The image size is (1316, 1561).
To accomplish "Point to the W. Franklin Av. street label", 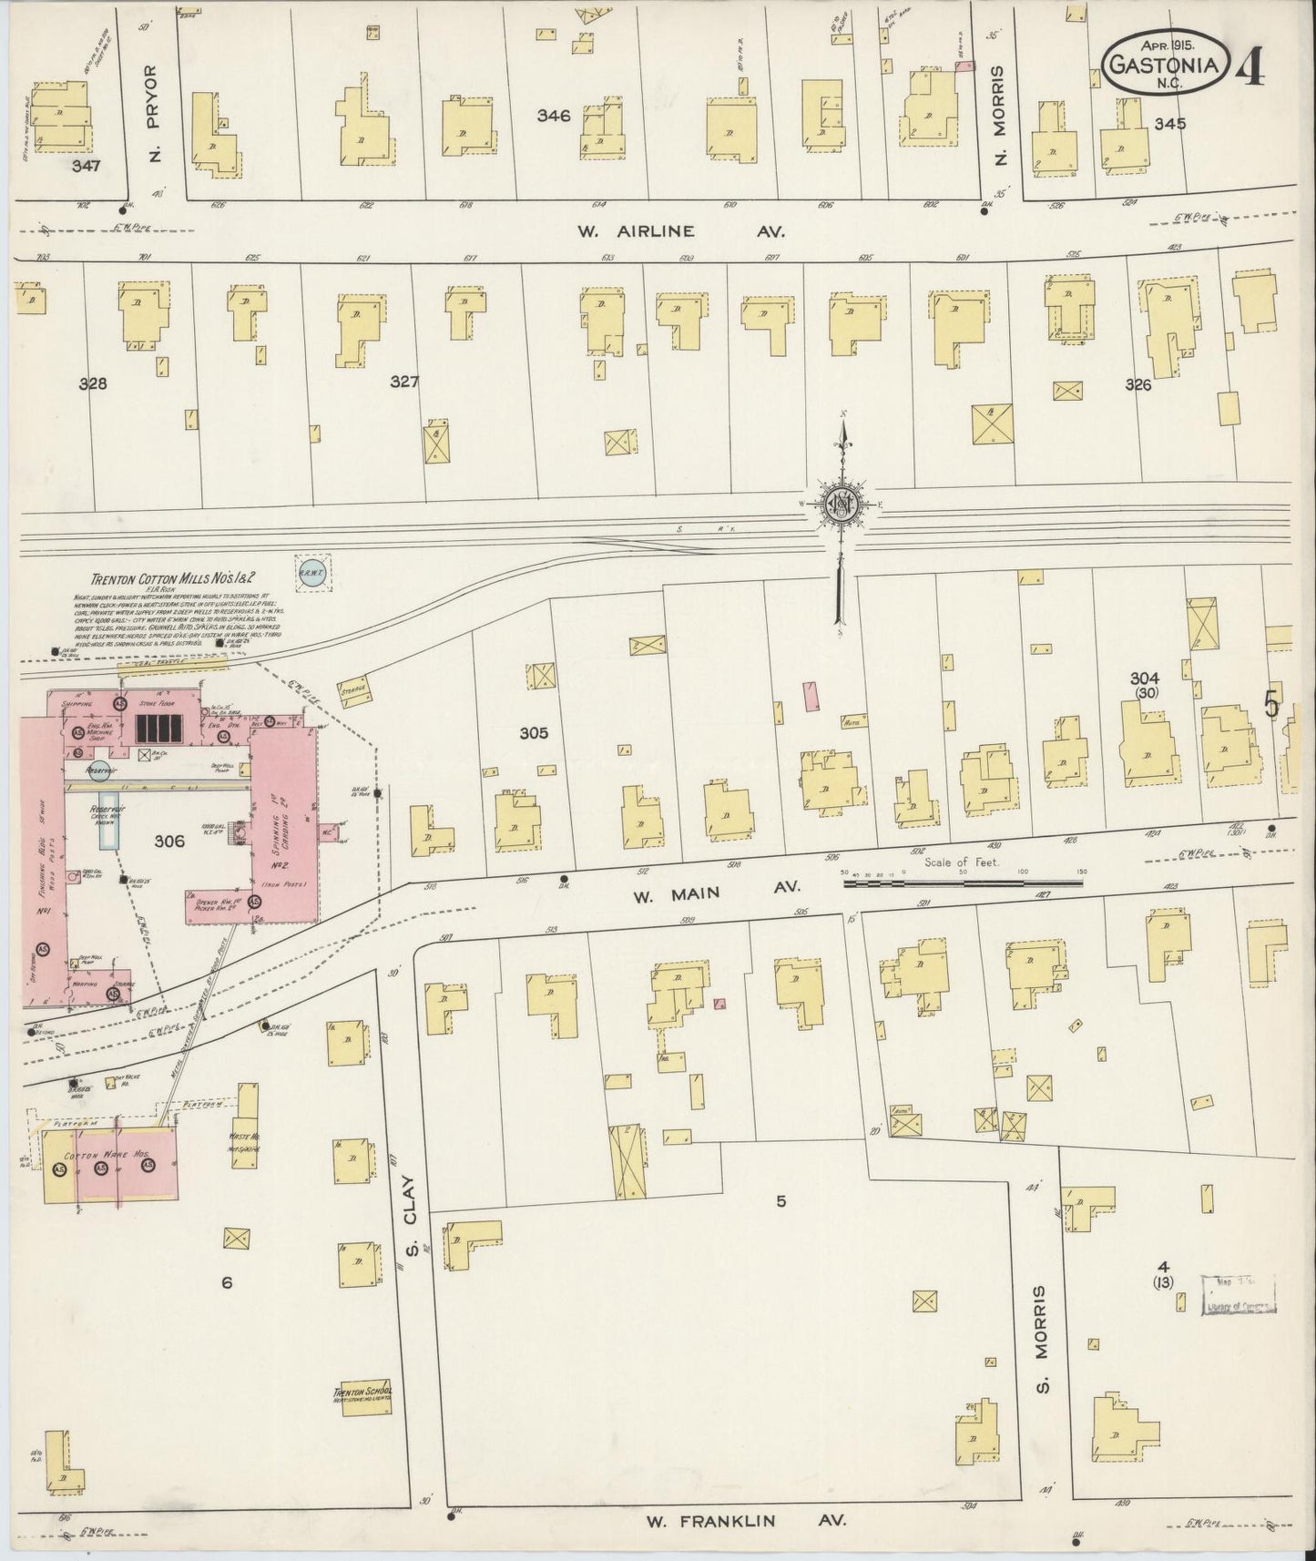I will (x=746, y=1520).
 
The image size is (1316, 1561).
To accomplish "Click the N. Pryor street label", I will (x=152, y=113).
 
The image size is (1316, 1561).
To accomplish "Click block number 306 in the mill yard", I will (x=169, y=842).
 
